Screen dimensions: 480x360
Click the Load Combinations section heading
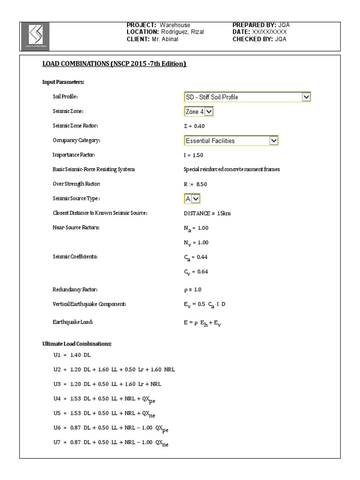[x=115, y=64]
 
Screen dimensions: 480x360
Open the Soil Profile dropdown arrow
[x=307, y=97]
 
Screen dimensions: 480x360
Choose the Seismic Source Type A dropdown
[x=192, y=198]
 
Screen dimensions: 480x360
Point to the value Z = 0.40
[x=194, y=126]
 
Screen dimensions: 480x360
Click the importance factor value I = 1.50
[x=194, y=155]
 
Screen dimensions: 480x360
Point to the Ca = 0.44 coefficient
[x=196, y=257]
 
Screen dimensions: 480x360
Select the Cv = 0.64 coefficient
[x=196, y=272]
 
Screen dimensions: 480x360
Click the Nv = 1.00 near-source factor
[x=196, y=243]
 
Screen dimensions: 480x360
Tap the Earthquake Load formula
[x=202, y=323]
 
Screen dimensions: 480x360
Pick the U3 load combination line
[x=107, y=383]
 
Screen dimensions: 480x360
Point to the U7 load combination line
[x=111, y=442]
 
